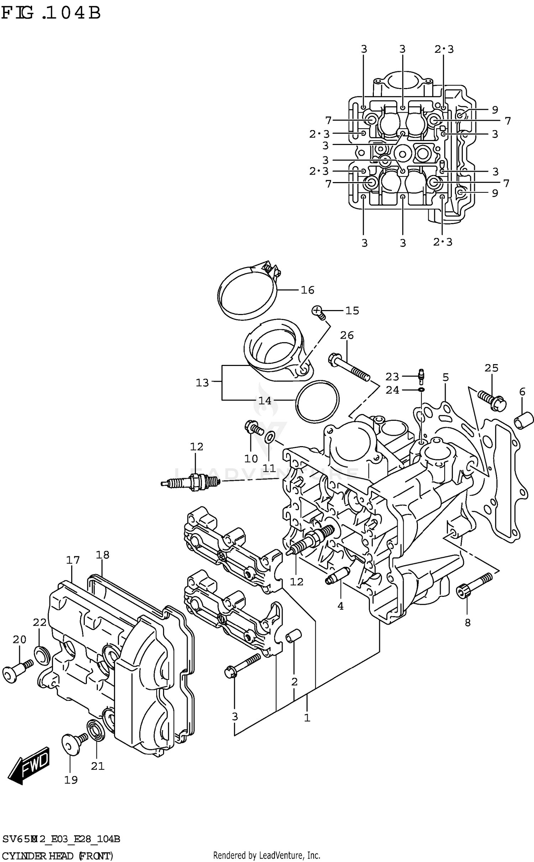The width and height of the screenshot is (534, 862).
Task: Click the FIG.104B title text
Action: click(51, 14)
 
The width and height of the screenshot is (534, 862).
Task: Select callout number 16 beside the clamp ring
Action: click(307, 290)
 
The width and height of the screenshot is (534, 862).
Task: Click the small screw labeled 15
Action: click(318, 312)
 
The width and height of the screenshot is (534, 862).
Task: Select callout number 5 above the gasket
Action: click(446, 377)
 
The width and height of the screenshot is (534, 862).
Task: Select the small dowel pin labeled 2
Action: click(294, 636)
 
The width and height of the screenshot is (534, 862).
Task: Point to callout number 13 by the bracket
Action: click(202, 383)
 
